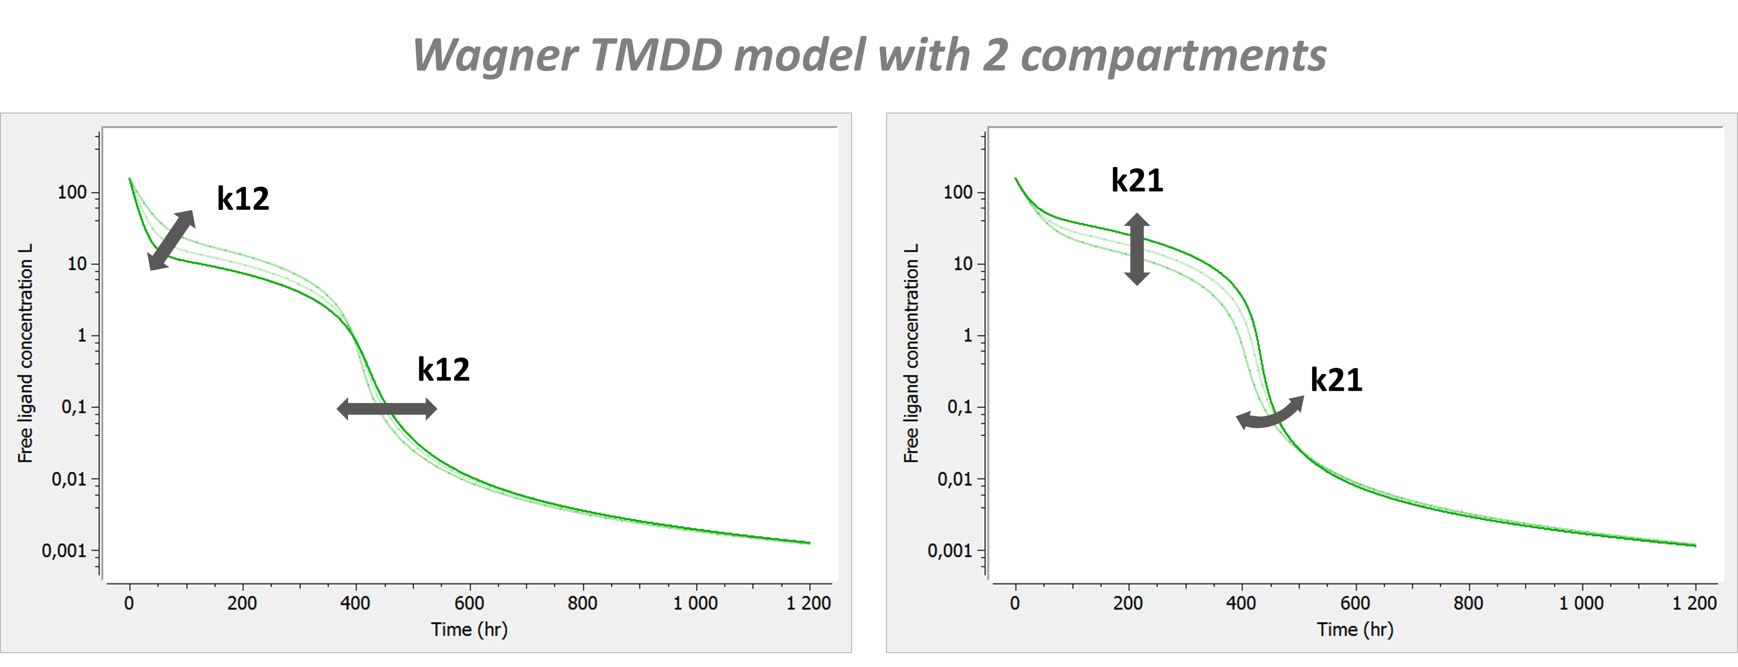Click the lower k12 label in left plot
(x=443, y=370)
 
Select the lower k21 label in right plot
(x=1336, y=380)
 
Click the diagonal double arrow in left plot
(x=171, y=240)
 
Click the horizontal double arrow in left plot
(x=387, y=409)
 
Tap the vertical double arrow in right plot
(x=1137, y=249)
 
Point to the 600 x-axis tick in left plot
(x=469, y=602)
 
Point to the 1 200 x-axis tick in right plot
(x=1694, y=602)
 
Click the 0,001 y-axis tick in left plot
(x=65, y=551)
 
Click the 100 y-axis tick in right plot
(x=958, y=192)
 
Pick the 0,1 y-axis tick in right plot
(x=961, y=407)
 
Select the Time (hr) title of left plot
(x=469, y=629)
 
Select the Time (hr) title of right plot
(x=1355, y=629)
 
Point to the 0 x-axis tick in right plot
(x=1015, y=602)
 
